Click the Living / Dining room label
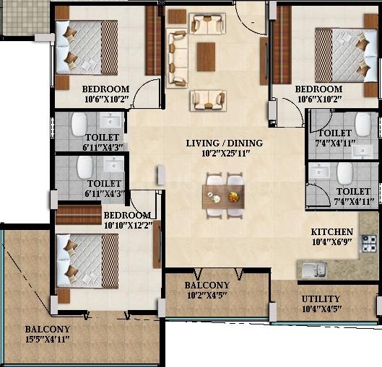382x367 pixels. (225, 143)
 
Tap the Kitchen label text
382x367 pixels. (332, 232)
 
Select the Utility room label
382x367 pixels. (321, 299)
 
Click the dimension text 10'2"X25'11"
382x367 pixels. (226, 154)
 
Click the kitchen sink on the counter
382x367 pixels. (314, 270)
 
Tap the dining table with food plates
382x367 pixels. (223, 197)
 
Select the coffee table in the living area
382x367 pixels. (206, 57)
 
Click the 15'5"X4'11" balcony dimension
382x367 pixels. (48, 340)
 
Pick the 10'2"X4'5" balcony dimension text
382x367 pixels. (207, 295)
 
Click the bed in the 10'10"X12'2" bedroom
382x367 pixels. (87, 261)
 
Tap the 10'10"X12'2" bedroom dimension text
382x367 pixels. (129, 226)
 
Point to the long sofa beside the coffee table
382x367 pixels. (177, 58)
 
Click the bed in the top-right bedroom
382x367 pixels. (346, 56)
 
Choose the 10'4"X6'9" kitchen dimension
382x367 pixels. (332, 242)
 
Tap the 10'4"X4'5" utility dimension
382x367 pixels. (321, 309)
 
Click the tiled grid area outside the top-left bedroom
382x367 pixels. (25, 18)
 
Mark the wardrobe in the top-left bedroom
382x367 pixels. (153, 40)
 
